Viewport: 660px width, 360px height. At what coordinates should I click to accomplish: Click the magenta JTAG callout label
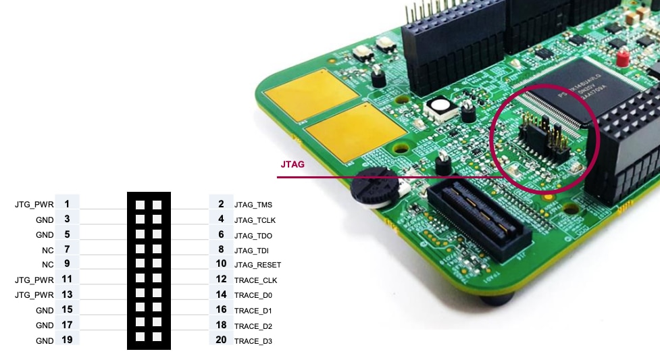293,163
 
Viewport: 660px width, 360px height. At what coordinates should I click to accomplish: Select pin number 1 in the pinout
67,204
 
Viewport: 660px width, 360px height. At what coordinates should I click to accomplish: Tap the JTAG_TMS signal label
253,205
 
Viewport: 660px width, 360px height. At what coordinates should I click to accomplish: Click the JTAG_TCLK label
254,220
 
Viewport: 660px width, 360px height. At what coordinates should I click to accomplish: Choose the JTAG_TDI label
251,251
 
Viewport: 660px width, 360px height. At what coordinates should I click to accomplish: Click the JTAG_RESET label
257,265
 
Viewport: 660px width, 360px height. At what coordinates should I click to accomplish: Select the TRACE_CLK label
255,280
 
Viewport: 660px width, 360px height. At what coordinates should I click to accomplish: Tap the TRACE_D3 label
253,341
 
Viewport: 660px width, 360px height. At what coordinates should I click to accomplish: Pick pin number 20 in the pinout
221,340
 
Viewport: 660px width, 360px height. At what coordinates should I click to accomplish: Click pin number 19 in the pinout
67,340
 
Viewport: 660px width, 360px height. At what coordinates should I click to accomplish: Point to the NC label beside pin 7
47,250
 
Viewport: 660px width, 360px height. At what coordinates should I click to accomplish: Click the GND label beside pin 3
45,220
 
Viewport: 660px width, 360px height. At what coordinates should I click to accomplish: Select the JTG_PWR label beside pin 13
34,295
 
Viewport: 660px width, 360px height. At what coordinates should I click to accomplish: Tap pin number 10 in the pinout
221,265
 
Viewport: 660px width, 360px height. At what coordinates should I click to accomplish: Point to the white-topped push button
441,108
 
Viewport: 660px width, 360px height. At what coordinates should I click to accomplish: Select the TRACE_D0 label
254,295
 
